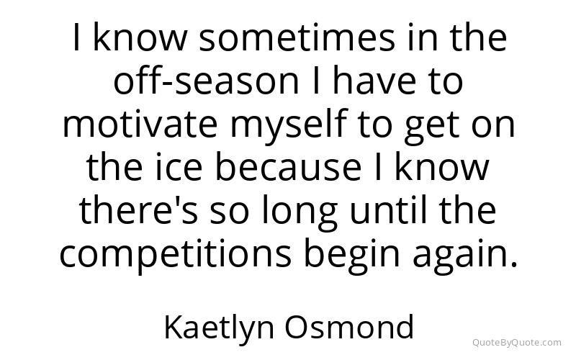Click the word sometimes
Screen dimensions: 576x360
click(x=297, y=38)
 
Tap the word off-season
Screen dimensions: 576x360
click(x=206, y=81)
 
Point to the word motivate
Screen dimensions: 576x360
click(x=140, y=124)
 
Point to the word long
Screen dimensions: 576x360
click(x=299, y=213)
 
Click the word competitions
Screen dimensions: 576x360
click(x=175, y=256)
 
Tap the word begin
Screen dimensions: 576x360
click(x=351, y=256)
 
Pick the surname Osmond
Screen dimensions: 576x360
click(x=349, y=326)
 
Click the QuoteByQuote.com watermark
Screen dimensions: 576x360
click(x=517, y=343)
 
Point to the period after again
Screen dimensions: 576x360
click(x=514, y=264)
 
